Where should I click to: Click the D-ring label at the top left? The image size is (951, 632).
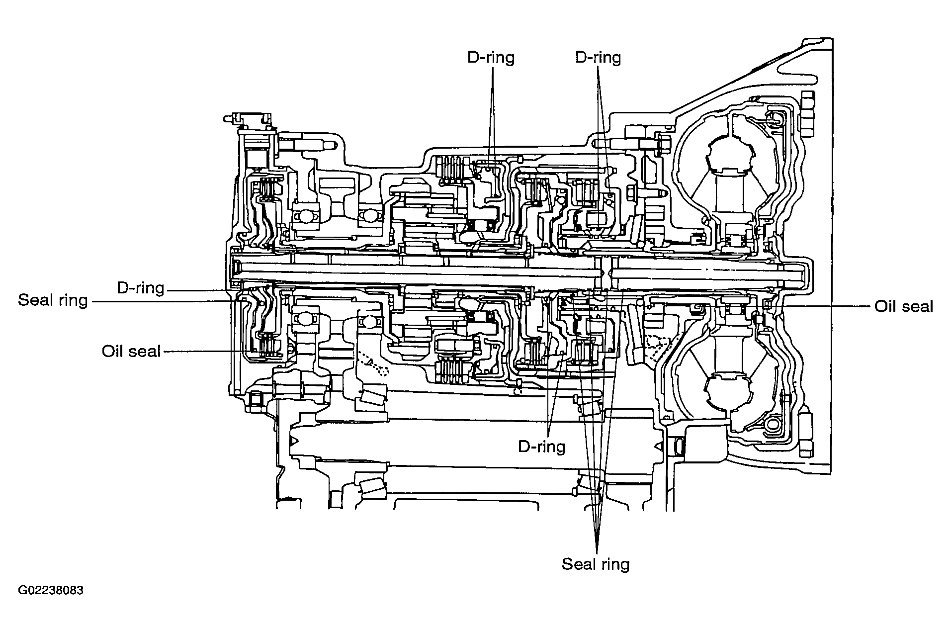pos(491,58)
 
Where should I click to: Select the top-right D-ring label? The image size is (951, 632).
pos(598,58)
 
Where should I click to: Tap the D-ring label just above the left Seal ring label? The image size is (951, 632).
pos(140,288)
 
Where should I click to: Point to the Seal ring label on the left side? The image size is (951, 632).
pos(53,301)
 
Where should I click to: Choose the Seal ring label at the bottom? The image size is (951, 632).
pos(596,564)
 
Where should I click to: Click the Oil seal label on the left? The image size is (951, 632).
pos(131,351)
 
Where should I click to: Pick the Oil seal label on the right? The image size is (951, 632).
pos(904,306)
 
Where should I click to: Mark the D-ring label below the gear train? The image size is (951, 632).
pos(542,447)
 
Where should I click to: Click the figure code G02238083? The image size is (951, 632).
pos(51,591)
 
